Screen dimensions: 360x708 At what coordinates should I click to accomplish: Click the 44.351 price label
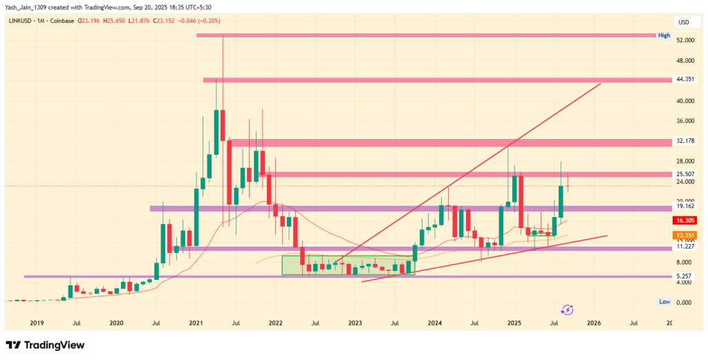685,79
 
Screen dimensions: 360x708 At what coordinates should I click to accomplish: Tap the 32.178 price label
685,141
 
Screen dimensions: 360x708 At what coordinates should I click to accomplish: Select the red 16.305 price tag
685,220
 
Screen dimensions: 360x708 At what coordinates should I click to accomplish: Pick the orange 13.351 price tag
685,235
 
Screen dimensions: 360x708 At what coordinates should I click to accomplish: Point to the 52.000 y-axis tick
685,40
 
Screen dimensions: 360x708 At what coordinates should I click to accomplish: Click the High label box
664,35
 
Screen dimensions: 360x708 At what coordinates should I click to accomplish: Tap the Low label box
664,301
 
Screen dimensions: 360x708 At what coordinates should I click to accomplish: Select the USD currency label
684,22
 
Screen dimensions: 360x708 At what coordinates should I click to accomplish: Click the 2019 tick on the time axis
37,323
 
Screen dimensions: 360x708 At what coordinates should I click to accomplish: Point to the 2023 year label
355,323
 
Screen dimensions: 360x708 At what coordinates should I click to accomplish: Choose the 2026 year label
593,323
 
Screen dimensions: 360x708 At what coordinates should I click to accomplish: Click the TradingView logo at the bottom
45,345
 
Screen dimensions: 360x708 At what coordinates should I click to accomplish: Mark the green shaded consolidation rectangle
348,265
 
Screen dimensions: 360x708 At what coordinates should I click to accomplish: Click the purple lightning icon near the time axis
568,310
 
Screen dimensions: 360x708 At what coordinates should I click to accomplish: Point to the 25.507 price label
685,174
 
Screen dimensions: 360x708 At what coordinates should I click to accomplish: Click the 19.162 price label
685,205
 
